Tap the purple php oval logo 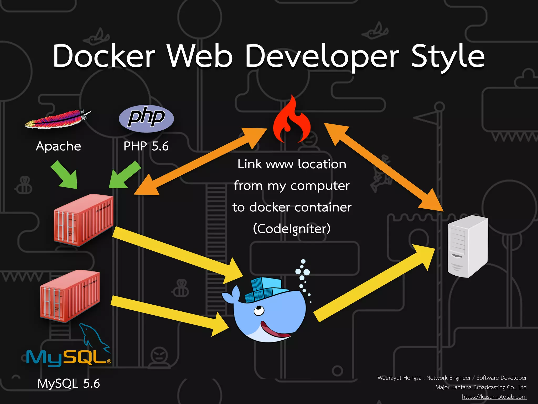click(146, 118)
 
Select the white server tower click(468, 246)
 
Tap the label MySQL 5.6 click(69, 383)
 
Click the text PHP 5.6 click(146, 146)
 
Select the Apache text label click(58, 146)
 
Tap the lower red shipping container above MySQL click(70, 296)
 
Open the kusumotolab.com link click(494, 397)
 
